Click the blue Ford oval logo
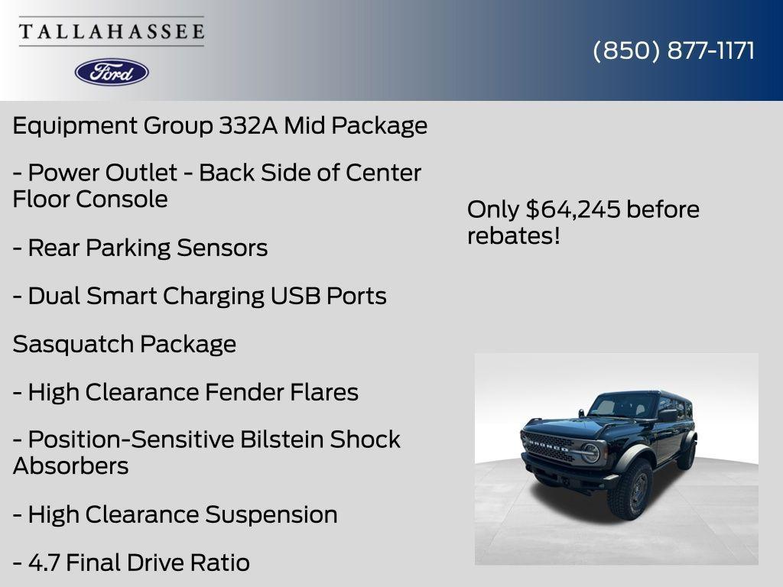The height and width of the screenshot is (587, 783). coord(112,72)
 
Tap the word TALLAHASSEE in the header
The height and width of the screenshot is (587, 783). coord(112,31)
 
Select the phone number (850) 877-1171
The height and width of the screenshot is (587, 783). coord(674,50)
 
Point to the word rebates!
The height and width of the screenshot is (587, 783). coord(514,235)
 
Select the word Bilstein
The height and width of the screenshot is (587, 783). coord(281,439)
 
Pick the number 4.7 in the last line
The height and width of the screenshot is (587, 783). coord(44,563)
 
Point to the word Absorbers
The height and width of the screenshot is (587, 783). coord(70,465)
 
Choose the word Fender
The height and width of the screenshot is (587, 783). coord(245,392)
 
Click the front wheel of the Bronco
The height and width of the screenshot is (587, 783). coord(630,488)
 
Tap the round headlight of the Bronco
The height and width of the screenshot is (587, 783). coord(591,452)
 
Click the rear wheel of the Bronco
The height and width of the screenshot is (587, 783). coord(687,455)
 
